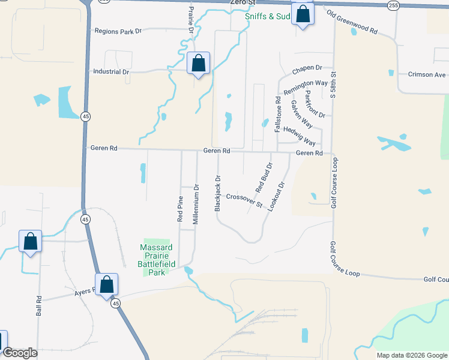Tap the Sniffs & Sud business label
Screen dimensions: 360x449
point(268,17)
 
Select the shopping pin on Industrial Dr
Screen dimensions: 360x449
point(198,64)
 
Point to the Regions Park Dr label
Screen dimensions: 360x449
point(118,31)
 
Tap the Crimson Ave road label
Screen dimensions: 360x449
point(427,74)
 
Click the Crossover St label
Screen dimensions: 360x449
point(244,200)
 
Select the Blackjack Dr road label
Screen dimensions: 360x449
point(218,193)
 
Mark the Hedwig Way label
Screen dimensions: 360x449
point(300,136)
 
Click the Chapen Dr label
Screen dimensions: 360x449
point(307,69)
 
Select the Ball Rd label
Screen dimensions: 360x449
point(39,305)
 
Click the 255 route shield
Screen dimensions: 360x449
point(393,5)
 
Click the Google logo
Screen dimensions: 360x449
point(20,353)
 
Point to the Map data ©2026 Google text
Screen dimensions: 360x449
point(411,355)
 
